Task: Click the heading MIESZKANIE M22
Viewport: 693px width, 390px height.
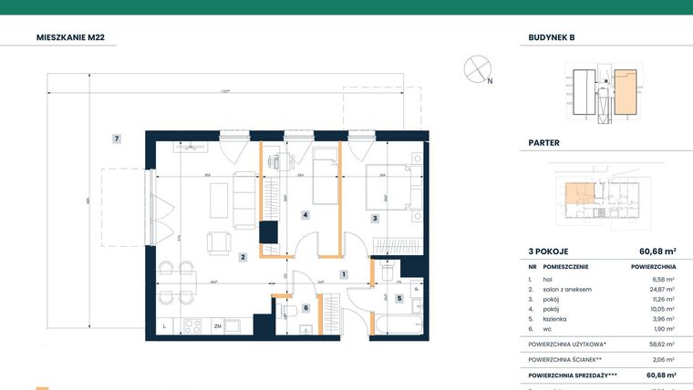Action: click(78, 37)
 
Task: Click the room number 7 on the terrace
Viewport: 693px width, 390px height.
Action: click(117, 139)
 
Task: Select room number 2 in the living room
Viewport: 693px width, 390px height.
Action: click(243, 258)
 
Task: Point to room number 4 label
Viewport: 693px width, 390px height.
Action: click(305, 215)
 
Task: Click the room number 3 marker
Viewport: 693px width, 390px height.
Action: click(374, 218)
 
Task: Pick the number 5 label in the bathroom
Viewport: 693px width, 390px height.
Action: click(398, 298)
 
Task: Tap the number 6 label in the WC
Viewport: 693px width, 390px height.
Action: click(305, 308)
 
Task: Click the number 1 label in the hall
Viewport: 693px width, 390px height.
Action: click(343, 273)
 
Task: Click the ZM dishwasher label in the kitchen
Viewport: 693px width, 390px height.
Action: click(218, 325)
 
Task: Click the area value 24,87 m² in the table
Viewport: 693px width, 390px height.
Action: click(660, 289)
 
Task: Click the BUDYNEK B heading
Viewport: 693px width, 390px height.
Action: click(552, 37)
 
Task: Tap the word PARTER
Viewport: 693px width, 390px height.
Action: click(543, 143)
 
